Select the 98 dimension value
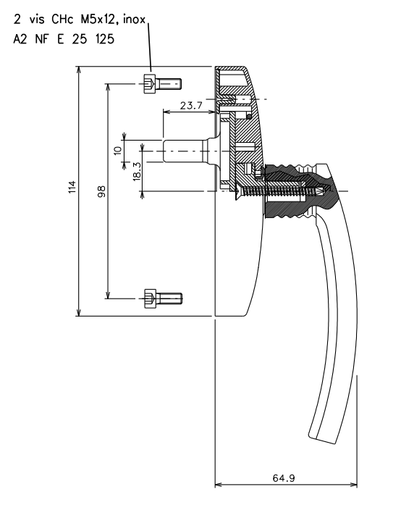point(101,191)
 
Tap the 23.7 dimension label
point(190,105)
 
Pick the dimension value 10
point(117,151)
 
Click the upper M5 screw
point(162,84)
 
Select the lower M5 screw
point(162,296)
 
